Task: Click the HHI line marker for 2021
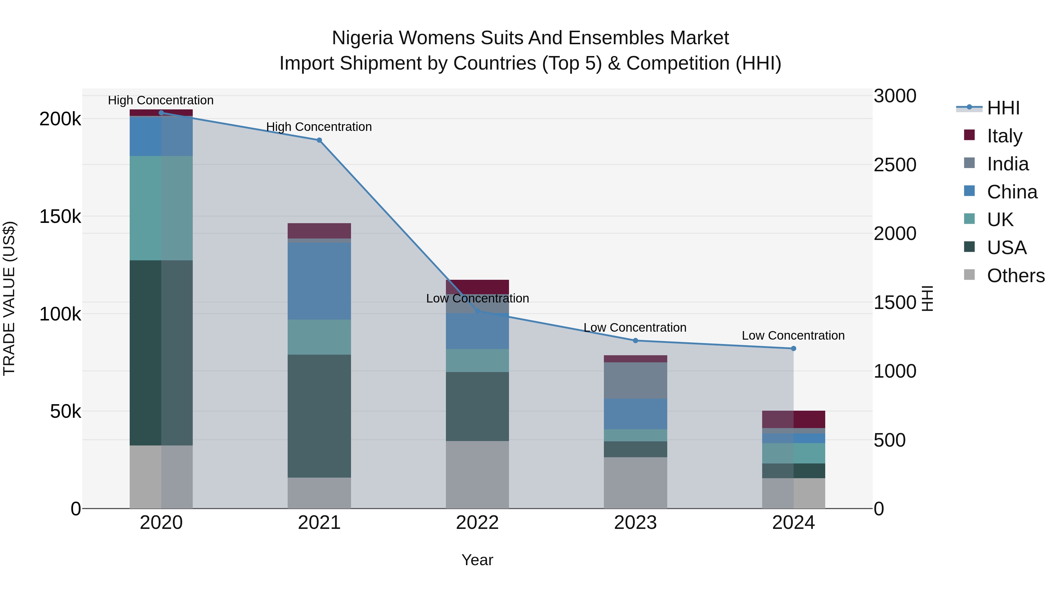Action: [x=319, y=140]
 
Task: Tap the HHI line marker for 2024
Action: [x=793, y=348]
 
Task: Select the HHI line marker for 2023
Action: [x=635, y=341]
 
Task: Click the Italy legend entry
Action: [x=1004, y=136]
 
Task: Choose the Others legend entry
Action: [x=1015, y=276]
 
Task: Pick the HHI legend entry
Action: [x=1003, y=108]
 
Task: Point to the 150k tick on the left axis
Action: [x=60, y=217]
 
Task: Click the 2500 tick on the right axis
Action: [x=894, y=165]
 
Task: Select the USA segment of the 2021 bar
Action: [x=319, y=416]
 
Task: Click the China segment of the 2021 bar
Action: [x=319, y=281]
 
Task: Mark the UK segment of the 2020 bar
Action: [x=161, y=208]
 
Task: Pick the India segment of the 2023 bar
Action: [x=635, y=380]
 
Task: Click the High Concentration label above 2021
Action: [x=319, y=127]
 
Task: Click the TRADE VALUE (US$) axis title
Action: [x=9, y=298]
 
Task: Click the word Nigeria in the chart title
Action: [x=363, y=38]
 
